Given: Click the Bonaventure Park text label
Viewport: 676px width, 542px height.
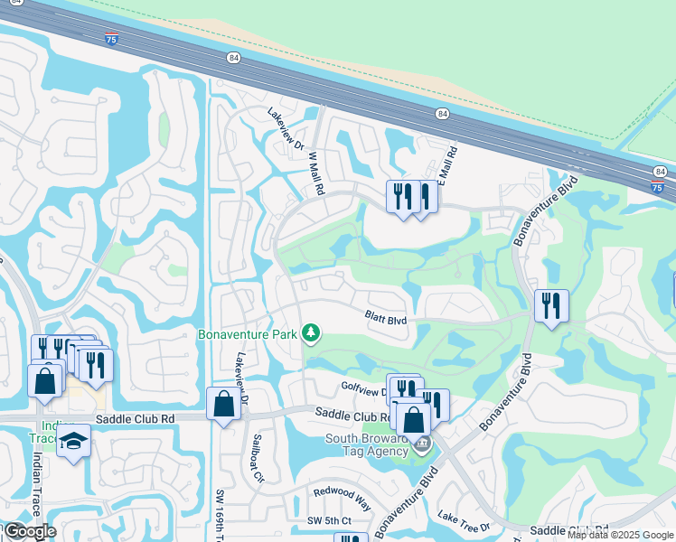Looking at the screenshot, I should click(248, 334).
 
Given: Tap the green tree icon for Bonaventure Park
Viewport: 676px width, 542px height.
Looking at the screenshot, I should click(311, 334).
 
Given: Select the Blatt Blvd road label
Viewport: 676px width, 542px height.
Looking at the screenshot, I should click(386, 317).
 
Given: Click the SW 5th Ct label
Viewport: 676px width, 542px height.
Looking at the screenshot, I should click(328, 521).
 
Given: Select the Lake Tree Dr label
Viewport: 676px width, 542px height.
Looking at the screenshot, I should click(464, 521).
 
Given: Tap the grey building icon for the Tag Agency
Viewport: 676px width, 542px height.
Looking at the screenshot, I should click(421, 444).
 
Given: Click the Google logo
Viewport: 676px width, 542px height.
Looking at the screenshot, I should click(29, 531).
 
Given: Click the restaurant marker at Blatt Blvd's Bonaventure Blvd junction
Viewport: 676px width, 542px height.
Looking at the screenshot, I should click(550, 305).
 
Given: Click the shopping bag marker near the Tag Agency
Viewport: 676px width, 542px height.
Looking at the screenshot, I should click(414, 420).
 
